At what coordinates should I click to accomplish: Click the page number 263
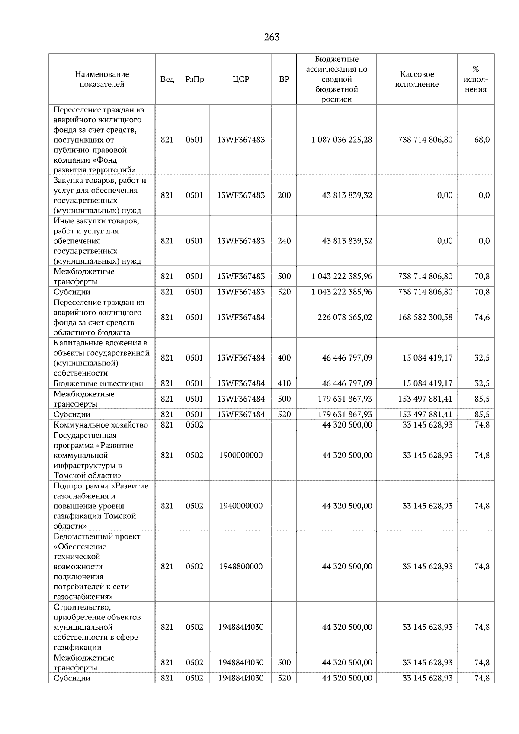pyautogui.click(x=272, y=37)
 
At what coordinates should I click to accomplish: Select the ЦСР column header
pyautogui.click(x=241, y=79)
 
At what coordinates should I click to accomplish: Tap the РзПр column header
pyautogui.click(x=194, y=79)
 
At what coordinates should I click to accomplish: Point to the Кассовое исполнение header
pyautogui.click(x=416, y=79)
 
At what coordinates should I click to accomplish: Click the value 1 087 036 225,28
pyautogui.click(x=341, y=140)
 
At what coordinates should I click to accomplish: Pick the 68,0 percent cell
pyautogui.click(x=482, y=140)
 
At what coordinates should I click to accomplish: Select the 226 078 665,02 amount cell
pyautogui.click(x=345, y=317)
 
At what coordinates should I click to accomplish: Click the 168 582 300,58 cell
pyautogui.click(x=425, y=317)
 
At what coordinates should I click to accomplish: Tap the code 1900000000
pyautogui.click(x=241, y=455)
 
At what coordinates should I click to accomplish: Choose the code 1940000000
pyautogui.click(x=241, y=506)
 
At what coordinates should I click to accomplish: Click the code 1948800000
pyautogui.click(x=241, y=566)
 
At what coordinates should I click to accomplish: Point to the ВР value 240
pyautogui.click(x=284, y=241)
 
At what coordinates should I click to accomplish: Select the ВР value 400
pyautogui.click(x=284, y=358)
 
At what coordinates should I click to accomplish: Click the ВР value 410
pyautogui.click(x=284, y=383)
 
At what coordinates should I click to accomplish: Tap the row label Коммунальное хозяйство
pyautogui.click(x=101, y=425)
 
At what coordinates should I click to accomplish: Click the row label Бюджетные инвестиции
pyautogui.click(x=98, y=383)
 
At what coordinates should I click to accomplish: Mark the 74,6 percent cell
pyautogui.click(x=482, y=317)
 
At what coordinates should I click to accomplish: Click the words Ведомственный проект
pyautogui.click(x=97, y=536)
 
